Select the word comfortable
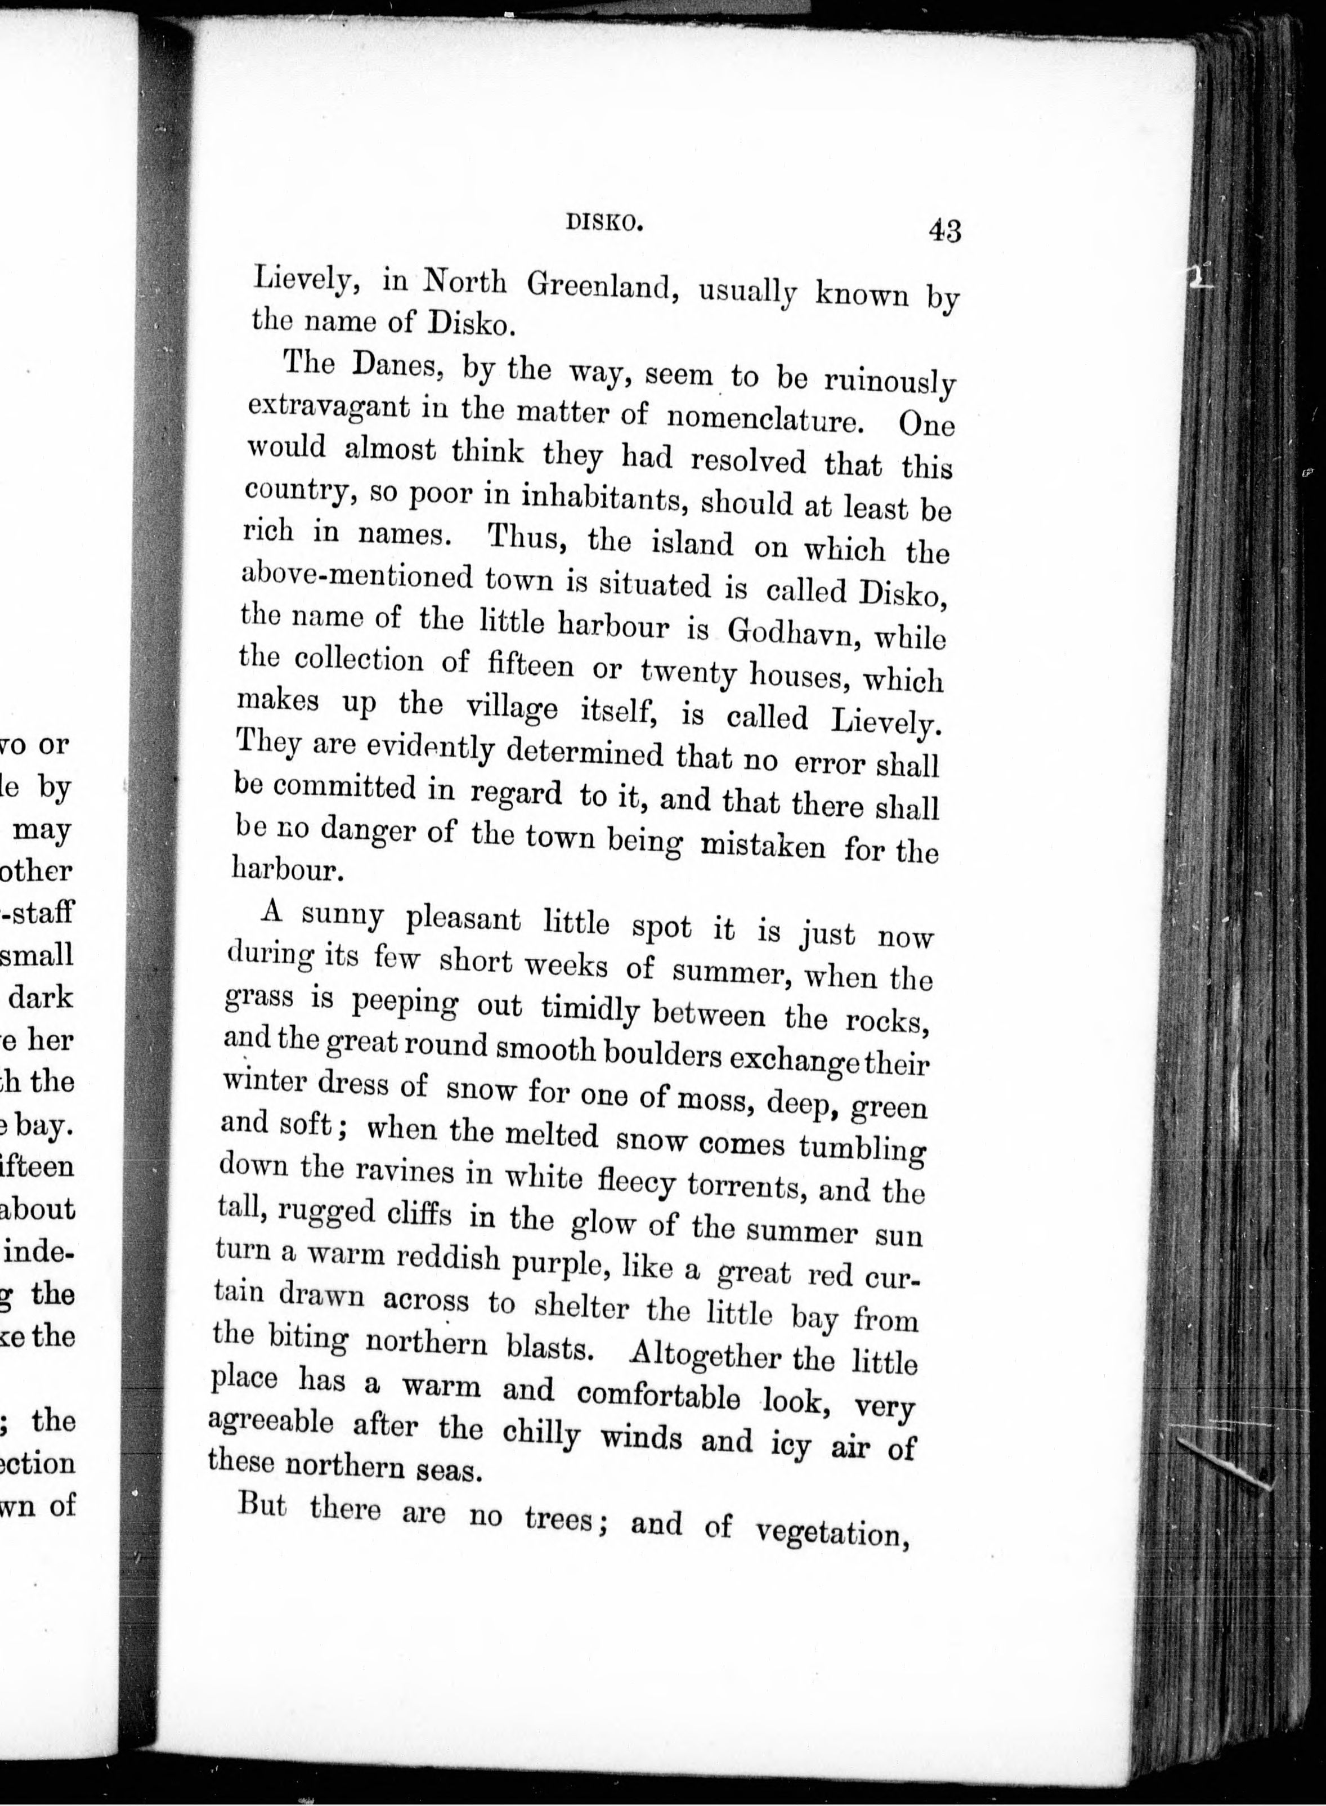coord(657,1395)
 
